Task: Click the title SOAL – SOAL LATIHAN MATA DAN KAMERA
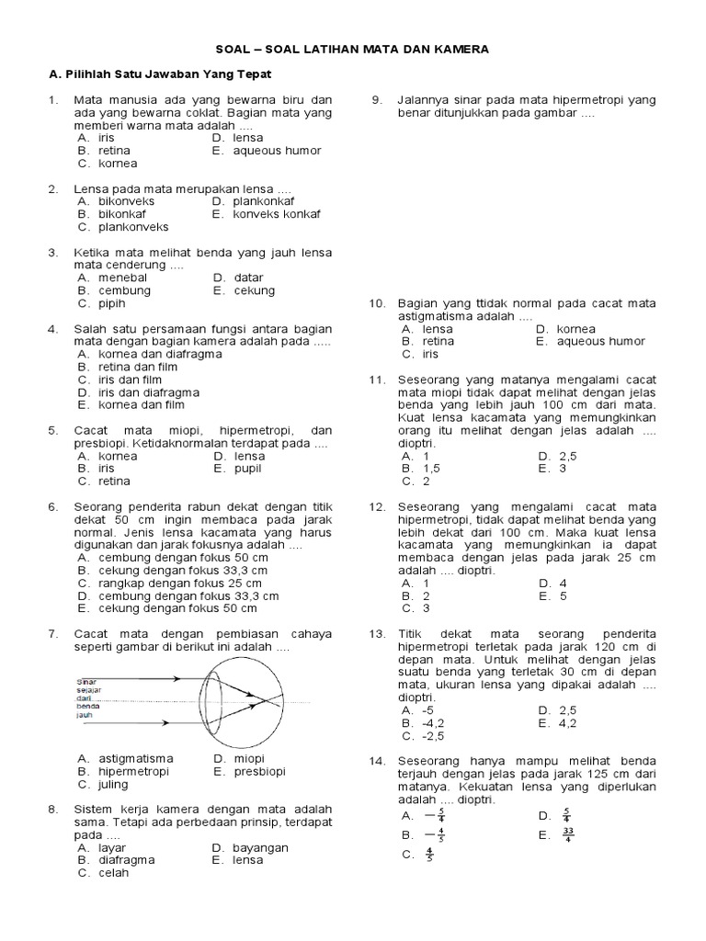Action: coord(353,48)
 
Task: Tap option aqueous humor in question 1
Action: coord(276,150)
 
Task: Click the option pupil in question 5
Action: coord(247,468)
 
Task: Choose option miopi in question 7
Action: coord(248,758)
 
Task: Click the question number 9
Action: coord(377,99)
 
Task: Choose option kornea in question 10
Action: coord(576,328)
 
